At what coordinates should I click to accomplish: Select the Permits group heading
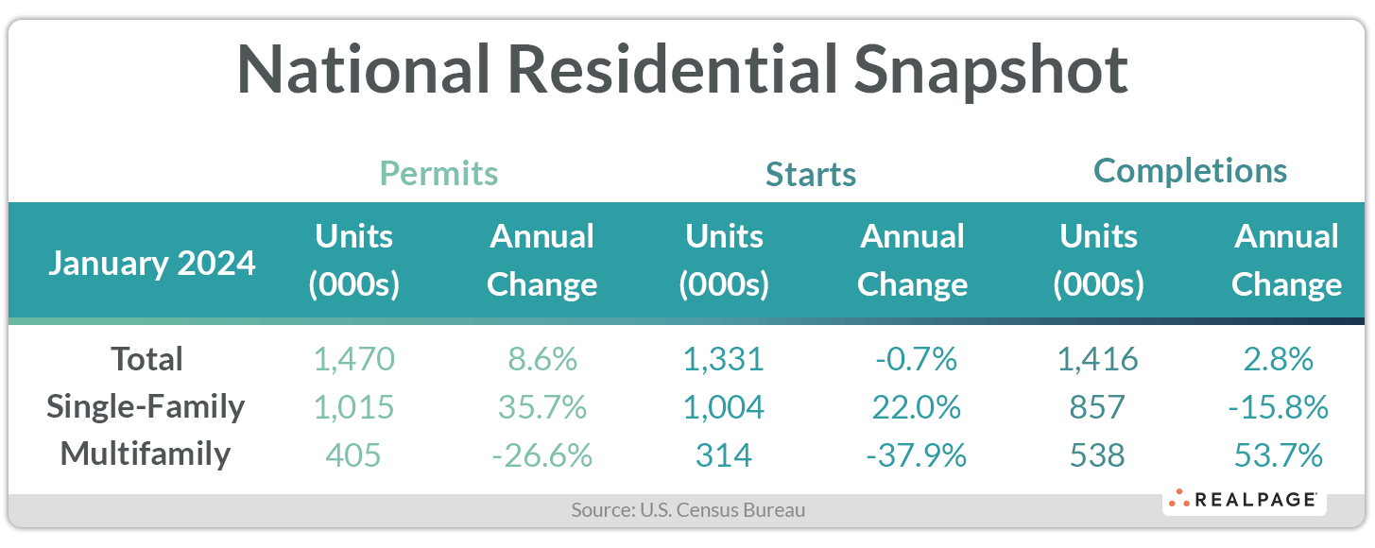coord(438,174)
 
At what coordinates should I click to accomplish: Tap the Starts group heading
coord(811,175)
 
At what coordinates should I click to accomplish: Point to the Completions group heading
coord(1190,171)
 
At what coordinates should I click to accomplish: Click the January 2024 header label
coord(151,262)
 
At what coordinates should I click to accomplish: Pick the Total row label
coord(146,359)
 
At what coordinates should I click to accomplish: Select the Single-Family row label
coord(146,407)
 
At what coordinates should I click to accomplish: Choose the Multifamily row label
coord(146,454)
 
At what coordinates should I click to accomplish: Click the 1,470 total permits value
coord(354,359)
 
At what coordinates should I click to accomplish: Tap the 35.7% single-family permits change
coord(542,407)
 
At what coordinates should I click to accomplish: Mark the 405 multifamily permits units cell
coord(354,455)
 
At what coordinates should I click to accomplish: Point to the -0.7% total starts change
coord(913,359)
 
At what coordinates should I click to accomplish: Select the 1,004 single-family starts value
coord(724,407)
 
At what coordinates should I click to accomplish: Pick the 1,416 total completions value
coord(1098,359)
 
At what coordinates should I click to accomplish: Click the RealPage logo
coord(1244,500)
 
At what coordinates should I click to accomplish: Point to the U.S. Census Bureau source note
coord(688,510)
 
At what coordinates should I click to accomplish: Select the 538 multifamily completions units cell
coord(1098,455)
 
